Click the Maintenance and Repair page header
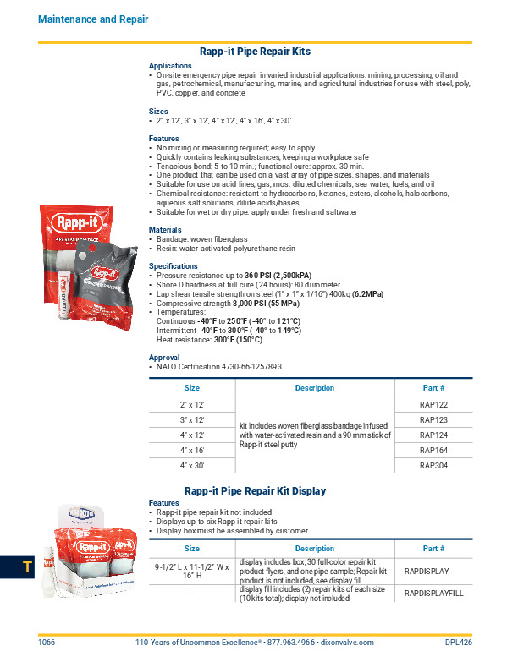click(x=93, y=19)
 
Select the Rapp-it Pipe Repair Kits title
click(x=255, y=51)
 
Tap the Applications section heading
click(x=170, y=65)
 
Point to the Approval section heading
click(x=164, y=358)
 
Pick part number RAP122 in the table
click(x=433, y=405)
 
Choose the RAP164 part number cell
click(x=433, y=451)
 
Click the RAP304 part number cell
click(x=433, y=466)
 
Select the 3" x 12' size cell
click(x=191, y=420)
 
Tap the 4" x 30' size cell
click(x=191, y=466)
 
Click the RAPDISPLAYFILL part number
click(x=433, y=594)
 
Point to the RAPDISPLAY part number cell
click(x=433, y=571)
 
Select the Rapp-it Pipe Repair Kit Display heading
click(x=255, y=490)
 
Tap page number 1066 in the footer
click(x=47, y=643)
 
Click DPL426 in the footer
click(x=458, y=643)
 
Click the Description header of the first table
click(x=314, y=388)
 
